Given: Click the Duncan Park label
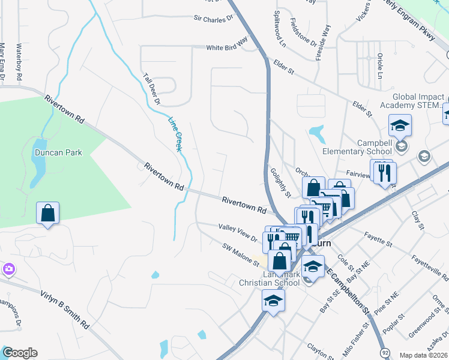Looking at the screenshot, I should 58,153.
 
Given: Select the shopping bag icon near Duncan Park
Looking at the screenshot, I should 48,214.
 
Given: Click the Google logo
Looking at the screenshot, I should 19,353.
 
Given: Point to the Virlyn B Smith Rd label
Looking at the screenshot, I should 65,308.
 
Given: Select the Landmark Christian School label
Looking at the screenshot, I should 269,278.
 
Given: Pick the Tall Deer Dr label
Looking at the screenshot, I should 152,89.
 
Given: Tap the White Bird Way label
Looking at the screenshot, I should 227,47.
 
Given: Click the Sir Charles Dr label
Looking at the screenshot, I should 213,19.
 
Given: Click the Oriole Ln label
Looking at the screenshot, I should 379,66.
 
